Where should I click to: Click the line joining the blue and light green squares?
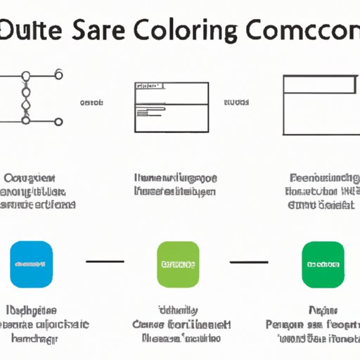[x=105, y=262]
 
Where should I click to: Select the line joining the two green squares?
[x=250, y=262]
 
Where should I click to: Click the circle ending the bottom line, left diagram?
[x=58, y=121]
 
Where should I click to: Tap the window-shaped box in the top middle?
[x=171, y=106]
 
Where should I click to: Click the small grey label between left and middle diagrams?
[x=91, y=103]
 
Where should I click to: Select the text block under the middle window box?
[x=175, y=184]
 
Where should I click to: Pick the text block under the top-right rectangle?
[x=322, y=191]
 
